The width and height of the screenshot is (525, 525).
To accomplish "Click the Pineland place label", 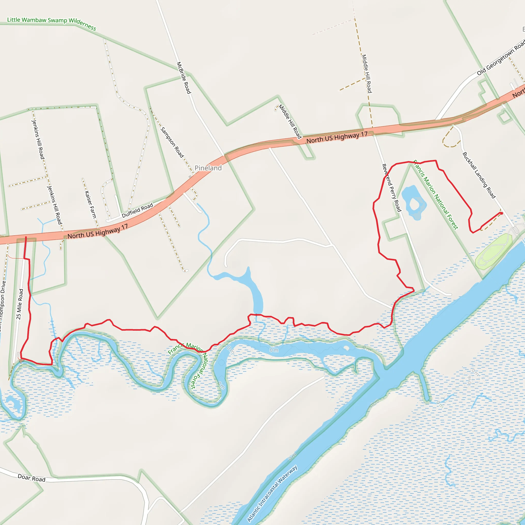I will click(208, 168).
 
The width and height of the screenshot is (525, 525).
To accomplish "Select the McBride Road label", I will click(184, 78).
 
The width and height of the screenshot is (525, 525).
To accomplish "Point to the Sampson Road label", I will click(172, 142).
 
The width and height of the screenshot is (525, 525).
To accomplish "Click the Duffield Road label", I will click(137, 210).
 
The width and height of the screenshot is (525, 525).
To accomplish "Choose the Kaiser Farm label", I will click(90, 205).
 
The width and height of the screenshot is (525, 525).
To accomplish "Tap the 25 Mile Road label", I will click(19, 304).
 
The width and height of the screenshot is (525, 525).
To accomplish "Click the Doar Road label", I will click(32, 478).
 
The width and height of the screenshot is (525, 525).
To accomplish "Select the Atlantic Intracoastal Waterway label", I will click(272, 493).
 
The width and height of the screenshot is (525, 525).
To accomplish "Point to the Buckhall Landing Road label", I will click(479, 175).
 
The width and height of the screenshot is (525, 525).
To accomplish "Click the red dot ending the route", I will click(502, 213).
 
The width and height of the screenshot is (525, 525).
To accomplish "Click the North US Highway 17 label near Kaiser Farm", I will click(98, 231).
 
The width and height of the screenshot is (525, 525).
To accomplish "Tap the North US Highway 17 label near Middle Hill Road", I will click(337, 137).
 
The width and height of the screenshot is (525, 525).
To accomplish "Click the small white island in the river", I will click(346, 348).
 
